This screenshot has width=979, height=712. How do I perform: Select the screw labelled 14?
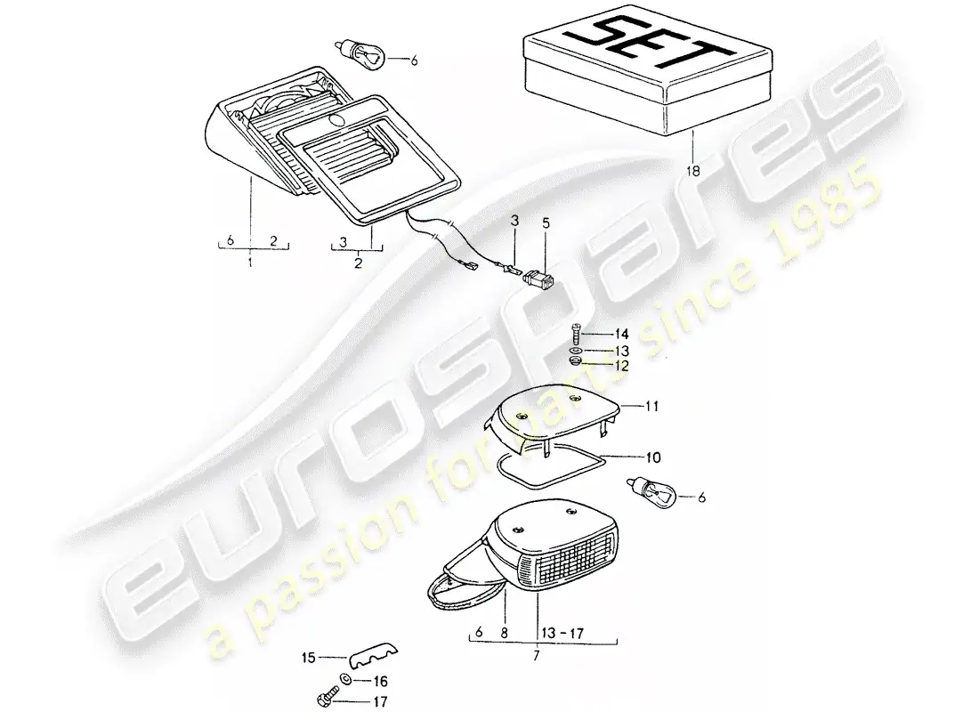point(575,336)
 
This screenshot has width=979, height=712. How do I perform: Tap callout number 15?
point(309,659)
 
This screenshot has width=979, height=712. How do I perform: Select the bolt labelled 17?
point(322,699)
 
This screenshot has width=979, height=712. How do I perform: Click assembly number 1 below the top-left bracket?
point(251,264)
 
